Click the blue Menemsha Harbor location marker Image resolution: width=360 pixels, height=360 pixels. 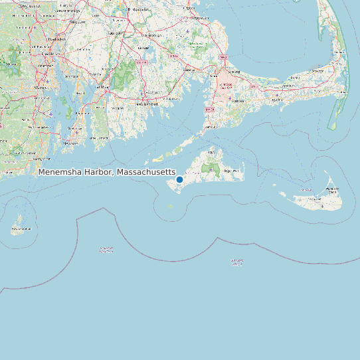179,179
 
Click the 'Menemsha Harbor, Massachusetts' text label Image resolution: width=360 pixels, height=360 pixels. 106,172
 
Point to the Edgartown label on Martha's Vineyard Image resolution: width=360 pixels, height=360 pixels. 231,171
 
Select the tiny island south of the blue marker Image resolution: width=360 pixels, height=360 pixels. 171,207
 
